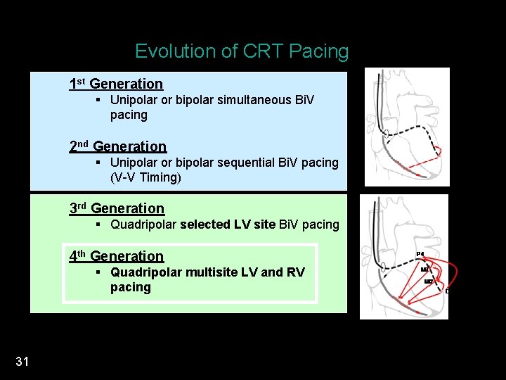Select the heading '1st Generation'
[x=116, y=84]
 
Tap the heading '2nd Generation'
[x=117, y=146]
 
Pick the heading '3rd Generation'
[x=117, y=208]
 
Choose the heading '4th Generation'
[x=116, y=256]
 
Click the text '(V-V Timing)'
[x=145, y=177]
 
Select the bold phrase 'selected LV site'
[x=228, y=224]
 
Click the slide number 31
[x=22, y=362]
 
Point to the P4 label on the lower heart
[x=420, y=254]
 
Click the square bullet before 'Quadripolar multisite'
[x=100, y=272]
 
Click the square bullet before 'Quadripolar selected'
[x=100, y=224]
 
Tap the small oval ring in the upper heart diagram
[x=385, y=133]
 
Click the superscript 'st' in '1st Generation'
[x=81, y=81]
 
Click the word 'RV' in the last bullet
[x=296, y=272]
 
